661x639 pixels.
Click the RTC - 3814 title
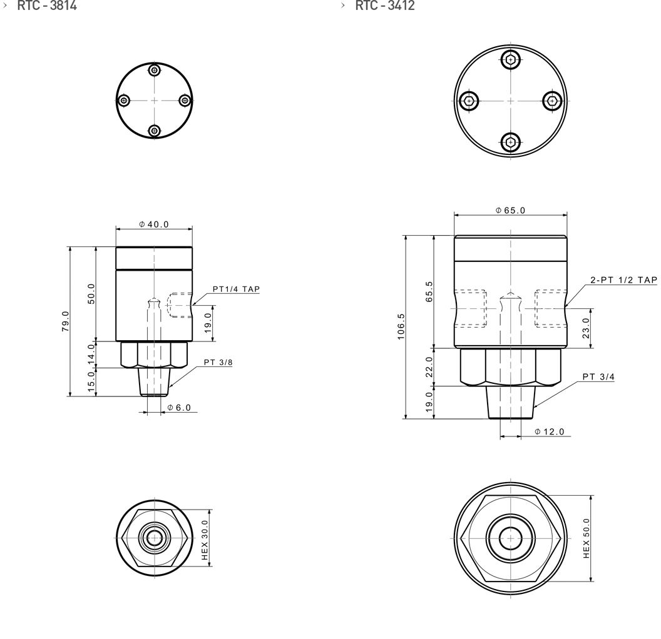(47, 6)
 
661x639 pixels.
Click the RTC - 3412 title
(385, 6)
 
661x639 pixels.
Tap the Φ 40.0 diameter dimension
(154, 224)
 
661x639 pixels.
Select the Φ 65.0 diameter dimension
(511, 210)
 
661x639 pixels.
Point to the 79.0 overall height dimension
(65, 321)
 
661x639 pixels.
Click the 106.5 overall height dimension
(401, 326)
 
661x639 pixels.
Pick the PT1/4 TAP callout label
(236, 289)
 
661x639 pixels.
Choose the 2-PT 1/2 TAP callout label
(623, 280)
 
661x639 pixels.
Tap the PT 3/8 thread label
(218, 362)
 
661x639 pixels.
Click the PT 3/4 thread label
(598, 376)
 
